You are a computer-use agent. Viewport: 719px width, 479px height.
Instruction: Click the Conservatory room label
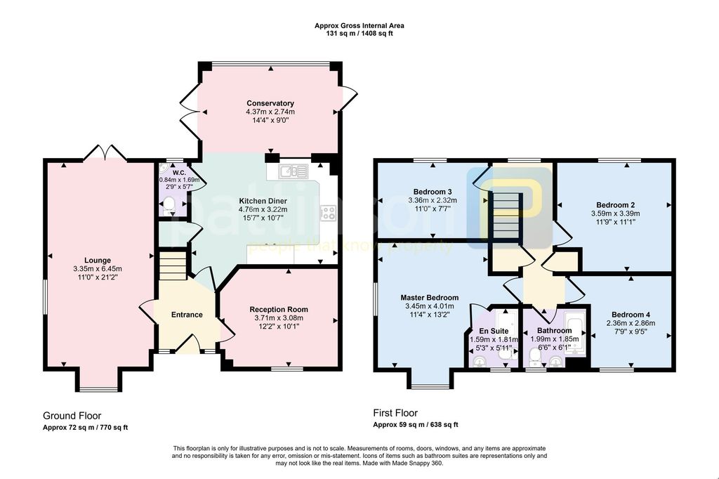[x=270, y=103]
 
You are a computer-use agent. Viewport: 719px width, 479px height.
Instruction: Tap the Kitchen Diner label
[x=263, y=201]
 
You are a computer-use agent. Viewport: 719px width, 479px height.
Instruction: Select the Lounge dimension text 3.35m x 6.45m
[x=98, y=269]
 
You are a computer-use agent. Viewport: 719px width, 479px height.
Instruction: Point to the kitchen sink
[x=293, y=171]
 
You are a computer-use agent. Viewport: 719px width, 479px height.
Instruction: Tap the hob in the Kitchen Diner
[x=328, y=212]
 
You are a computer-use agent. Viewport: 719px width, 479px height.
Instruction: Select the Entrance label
[x=187, y=315]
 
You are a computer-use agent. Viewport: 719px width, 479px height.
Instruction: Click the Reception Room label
[x=279, y=310]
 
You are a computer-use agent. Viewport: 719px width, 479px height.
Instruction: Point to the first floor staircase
[x=507, y=216]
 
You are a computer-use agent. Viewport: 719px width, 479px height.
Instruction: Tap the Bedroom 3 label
[x=433, y=192]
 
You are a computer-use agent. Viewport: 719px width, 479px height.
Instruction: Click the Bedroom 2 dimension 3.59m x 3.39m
[x=615, y=214]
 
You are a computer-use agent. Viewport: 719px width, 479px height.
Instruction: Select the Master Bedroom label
[x=429, y=298]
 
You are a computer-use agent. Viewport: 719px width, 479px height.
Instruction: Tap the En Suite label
[x=494, y=331]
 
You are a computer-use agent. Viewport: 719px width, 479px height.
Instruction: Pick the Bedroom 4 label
[x=631, y=315]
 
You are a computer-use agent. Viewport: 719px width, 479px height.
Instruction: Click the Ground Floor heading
[x=72, y=416]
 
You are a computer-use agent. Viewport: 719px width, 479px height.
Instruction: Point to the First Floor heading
[x=395, y=413]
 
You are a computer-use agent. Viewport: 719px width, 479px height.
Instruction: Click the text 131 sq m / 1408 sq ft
[x=359, y=34]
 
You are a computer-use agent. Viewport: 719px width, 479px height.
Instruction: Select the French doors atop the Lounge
[x=105, y=152]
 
